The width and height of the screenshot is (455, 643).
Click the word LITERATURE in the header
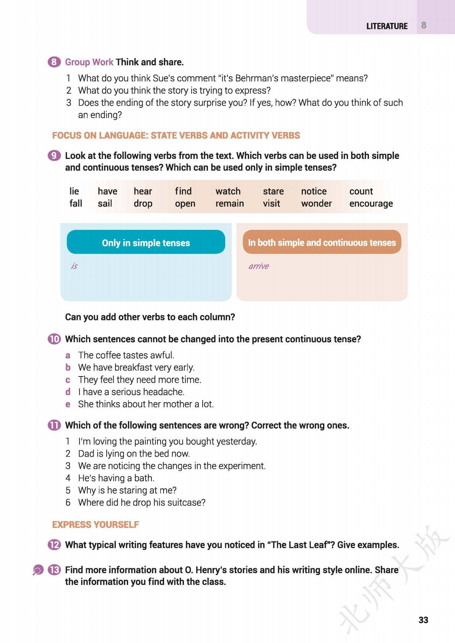coord(387,26)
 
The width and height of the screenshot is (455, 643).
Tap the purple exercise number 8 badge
coord(54,62)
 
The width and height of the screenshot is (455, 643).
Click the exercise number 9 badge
coord(54,156)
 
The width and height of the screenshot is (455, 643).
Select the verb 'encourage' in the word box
coord(371,204)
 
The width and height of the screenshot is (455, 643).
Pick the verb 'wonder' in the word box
coord(316,204)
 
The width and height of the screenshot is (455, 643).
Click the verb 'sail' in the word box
coord(105,204)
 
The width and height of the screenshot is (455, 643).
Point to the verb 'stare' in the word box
coord(273,191)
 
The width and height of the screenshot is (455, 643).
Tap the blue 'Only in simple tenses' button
coord(146,242)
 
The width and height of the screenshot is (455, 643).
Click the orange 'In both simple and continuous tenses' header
coord(322,242)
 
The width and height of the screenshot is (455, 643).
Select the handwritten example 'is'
coord(74,266)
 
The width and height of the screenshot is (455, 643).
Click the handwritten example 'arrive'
coord(258,266)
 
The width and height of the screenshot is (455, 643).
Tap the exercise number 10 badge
coord(54,339)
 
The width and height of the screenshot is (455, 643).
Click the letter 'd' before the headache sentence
coord(68,392)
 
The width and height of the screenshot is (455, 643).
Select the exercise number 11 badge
coord(54,425)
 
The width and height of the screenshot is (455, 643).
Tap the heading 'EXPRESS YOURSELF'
coord(96,525)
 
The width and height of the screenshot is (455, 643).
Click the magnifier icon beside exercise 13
coord(38,570)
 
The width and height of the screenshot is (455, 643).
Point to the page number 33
coord(423,620)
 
